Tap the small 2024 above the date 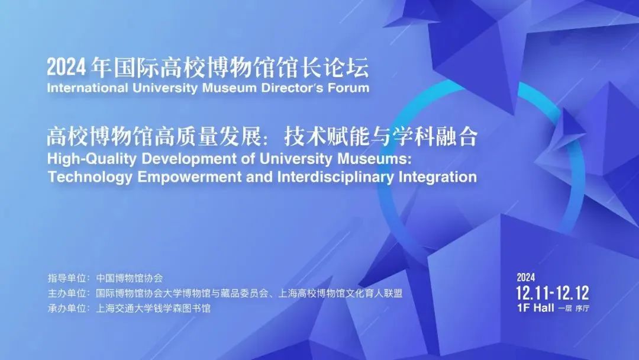tap(526, 277)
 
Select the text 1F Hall tap(535, 308)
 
